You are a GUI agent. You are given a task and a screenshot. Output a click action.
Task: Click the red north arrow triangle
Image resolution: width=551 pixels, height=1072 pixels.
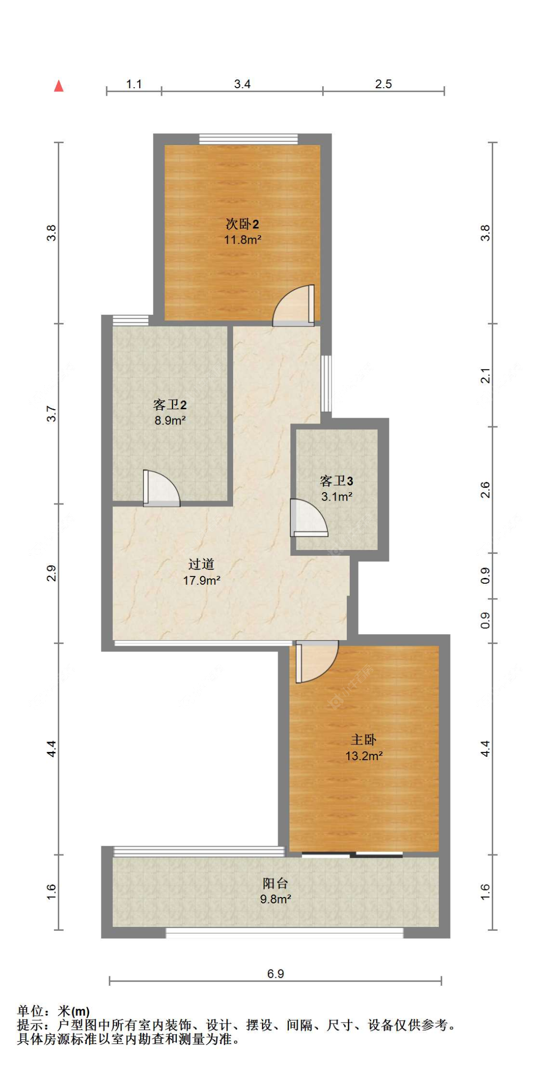[x=59, y=86]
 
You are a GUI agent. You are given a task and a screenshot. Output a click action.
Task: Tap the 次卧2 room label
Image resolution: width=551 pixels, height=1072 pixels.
[x=242, y=224]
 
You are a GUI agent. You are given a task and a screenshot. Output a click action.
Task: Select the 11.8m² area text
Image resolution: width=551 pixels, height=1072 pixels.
[x=242, y=240]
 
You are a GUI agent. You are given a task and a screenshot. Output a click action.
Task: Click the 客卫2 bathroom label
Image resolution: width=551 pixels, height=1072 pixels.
[x=169, y=405]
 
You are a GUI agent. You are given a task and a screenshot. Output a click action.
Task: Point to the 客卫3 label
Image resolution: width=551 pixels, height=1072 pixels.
[x=336, y=481]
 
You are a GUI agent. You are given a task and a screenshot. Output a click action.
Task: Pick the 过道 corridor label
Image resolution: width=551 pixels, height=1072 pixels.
[x=201, y=564]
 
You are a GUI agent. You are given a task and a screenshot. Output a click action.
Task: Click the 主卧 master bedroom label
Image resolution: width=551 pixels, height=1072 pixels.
[x=363, y=740]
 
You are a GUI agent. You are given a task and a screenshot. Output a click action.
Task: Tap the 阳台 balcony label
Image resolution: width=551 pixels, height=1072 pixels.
[x=275, y=883]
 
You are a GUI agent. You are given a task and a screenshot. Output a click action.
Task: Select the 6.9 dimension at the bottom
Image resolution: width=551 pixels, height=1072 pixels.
[x=275, y=973]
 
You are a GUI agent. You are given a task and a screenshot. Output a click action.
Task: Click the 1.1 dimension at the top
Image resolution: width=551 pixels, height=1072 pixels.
[x=134, y=84]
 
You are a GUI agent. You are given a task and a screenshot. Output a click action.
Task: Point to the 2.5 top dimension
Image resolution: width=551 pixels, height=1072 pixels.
[x=383, y=84]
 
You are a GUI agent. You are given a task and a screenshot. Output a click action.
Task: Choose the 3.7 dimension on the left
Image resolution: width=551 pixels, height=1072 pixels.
[x=51, y=414]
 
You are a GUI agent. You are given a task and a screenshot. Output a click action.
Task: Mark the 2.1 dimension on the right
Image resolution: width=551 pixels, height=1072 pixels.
[x=485, y=375]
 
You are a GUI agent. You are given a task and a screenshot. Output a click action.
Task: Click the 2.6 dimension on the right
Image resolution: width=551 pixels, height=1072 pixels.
[x=485, y=490]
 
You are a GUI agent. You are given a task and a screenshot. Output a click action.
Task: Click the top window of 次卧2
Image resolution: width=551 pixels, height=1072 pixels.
[x=248, y=139]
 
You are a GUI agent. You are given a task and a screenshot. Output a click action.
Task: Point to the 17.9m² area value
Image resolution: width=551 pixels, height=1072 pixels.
[x=201, y=580]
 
